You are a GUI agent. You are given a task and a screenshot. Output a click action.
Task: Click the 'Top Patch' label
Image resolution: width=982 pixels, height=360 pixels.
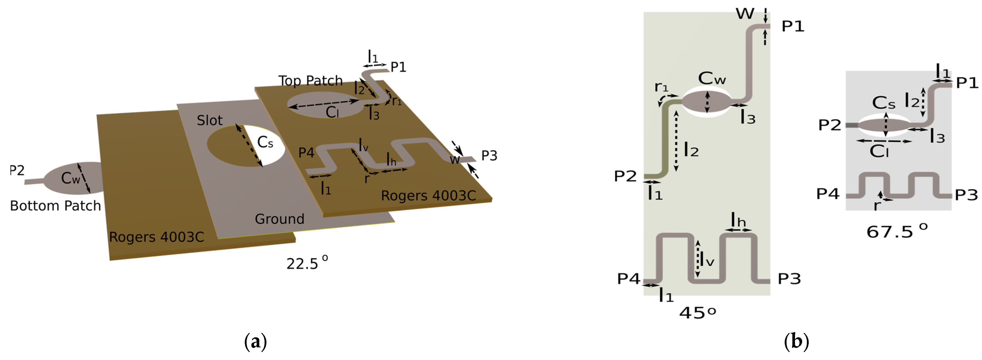point(310,81)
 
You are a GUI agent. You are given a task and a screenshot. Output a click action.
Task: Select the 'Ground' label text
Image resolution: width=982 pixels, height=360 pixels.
point(279,219)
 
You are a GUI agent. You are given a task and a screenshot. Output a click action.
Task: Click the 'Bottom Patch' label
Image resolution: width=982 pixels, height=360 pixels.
point(55,206)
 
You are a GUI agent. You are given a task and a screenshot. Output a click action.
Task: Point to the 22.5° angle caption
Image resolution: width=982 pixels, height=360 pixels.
point(307,263)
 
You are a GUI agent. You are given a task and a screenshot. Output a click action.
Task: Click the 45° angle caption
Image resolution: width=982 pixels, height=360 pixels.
point(698,313)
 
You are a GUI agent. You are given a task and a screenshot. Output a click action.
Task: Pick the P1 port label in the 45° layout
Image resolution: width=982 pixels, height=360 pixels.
point(793,26)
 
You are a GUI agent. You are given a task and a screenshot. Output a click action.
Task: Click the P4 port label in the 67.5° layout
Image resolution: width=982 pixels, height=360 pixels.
point(828,194)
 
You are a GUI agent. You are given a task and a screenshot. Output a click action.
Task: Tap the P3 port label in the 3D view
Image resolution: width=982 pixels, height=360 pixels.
point(489,156)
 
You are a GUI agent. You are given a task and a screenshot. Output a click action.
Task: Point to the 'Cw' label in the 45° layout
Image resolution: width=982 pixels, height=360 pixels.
point(712,79)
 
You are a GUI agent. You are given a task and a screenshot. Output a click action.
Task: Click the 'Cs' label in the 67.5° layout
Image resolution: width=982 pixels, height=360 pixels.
point(883,103)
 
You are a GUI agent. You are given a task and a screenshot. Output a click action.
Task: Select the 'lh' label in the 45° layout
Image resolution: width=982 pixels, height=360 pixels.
point(738,220)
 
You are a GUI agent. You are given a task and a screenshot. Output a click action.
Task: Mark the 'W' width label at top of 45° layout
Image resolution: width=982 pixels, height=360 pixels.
point(745,14)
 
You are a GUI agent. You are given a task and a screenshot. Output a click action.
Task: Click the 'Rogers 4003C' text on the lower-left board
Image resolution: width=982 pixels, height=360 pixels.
point(156,237)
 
